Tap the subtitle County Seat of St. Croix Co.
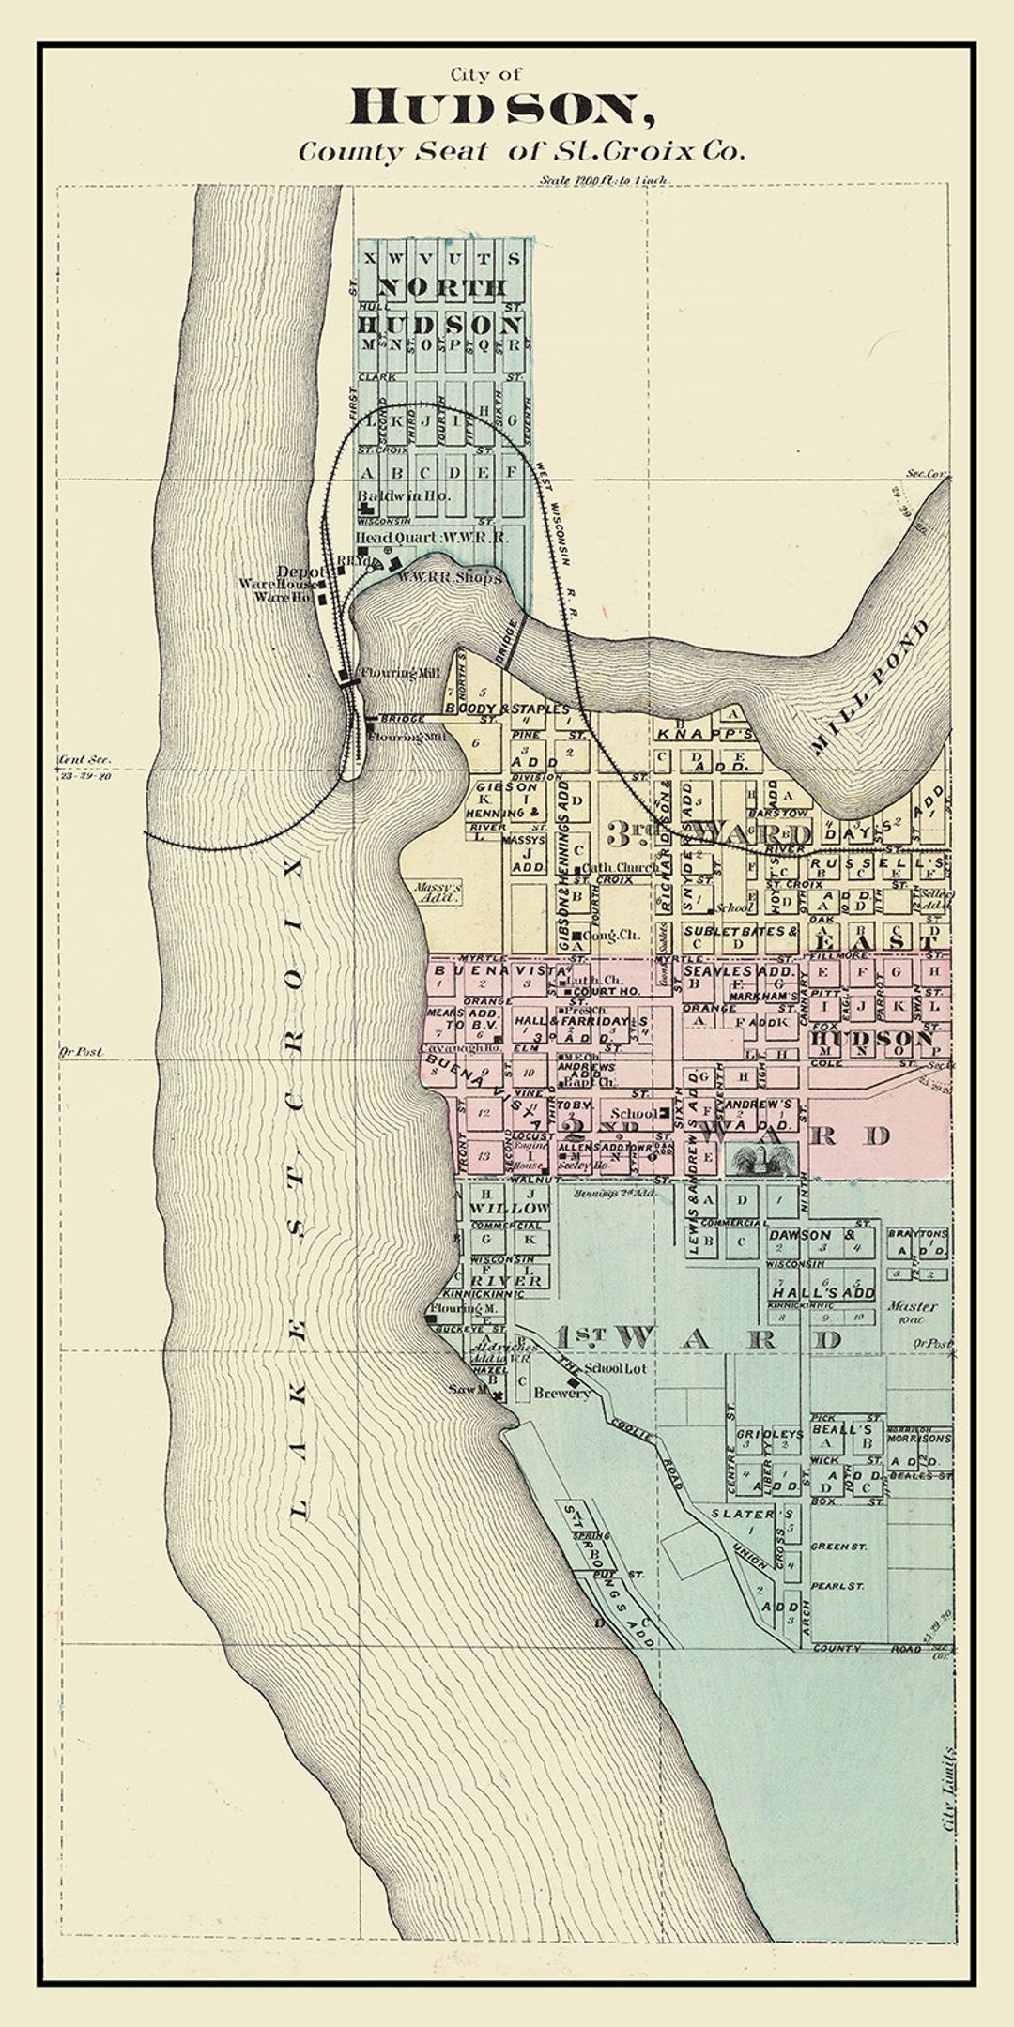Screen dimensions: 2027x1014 coord(522,151)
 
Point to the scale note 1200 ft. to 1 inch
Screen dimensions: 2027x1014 coord(604,179)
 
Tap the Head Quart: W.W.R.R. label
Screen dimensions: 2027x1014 coord(431,537)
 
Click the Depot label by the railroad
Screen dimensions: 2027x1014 coord(301,572)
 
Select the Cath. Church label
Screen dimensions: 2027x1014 coord(621,868)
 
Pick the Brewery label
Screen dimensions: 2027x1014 coord(561,1393)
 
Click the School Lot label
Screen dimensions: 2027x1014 coord(616,1368)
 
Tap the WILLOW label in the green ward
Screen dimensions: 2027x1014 coord(508,1208)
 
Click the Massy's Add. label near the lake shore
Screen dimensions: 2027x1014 coord(438,892)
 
